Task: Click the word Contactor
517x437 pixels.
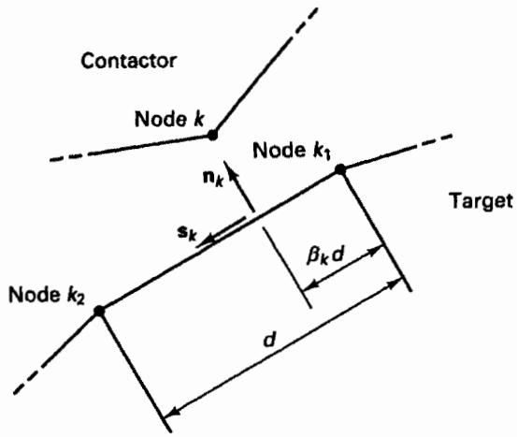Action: [x=129, y=61]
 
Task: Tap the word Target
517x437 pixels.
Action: [x=481, y=200]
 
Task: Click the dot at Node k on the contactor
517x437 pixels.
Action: [x=212, y=135]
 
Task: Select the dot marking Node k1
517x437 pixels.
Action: [x=340, y=169]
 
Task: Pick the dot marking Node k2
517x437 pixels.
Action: [x=99, y=311]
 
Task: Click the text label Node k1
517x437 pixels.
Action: [x=292, y=152]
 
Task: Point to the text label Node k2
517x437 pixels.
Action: [x=47, y=295]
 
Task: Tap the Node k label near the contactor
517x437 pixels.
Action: [x=169, y=119]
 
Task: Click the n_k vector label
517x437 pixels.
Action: [x=213, y=180]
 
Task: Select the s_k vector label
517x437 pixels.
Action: [x=187, y=233]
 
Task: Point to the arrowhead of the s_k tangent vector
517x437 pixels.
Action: [x=207, y=240]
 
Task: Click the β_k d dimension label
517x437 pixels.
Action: [x=325, y=255]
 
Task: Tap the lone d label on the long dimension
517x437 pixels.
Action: [x=269, y=340]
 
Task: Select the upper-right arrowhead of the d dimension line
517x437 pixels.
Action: [x=393, y=284]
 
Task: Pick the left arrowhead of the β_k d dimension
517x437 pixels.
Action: [x=311, y=285]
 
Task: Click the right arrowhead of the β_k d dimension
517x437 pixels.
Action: [x=375, y=251]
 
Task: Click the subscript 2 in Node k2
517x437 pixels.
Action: [x=80, y=300]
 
